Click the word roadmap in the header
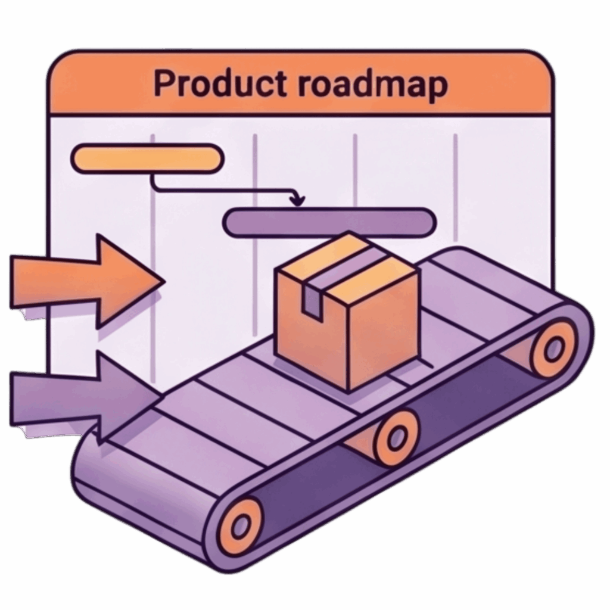[373, 86]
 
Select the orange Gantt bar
[148, 158]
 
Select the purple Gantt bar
[329, 222]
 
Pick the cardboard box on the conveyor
[346, 311]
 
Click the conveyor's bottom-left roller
[241, 525]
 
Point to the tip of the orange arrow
[164, 281]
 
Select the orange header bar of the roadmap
[300, 83]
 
